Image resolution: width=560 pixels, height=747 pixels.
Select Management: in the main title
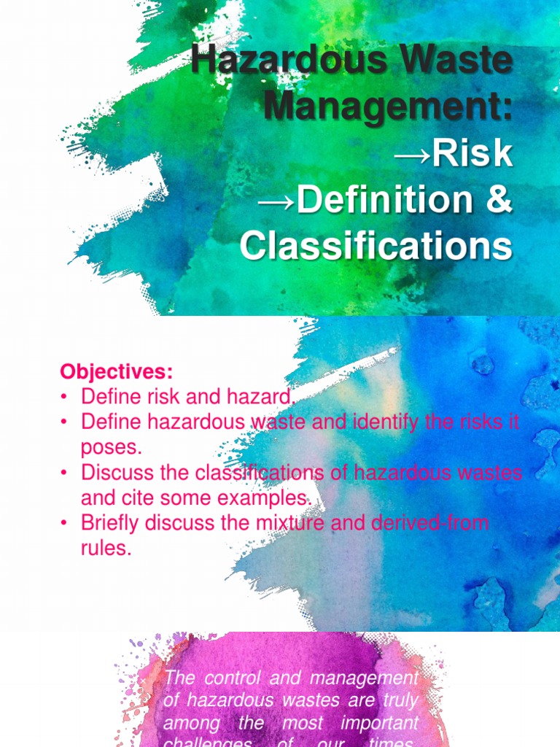coord(388,108)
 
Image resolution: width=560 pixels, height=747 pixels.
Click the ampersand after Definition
coord(498,200)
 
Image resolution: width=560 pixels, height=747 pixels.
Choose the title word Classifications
coord(376,246)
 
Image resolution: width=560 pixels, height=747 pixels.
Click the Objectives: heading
coord(117,372)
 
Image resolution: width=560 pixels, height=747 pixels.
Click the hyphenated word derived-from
coord(430,524)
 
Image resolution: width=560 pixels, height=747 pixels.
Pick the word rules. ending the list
coord(106,549)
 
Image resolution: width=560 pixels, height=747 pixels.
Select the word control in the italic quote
coord(230,678)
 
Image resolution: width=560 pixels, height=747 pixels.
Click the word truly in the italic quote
coord(400,700)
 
